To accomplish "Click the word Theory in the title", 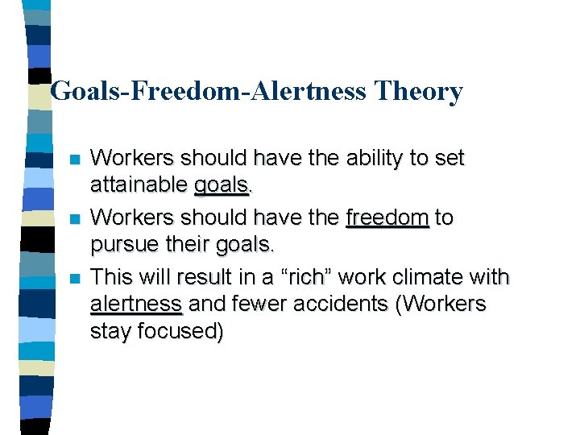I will pyautogui.click(x=418, y=91).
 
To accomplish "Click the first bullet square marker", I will pyautogui.click(x=75, y=159).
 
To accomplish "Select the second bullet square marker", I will pyautogui.click(x=75, y=219).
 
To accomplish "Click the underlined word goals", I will pyautogui.click(x=221, y=187).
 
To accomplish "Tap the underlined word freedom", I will pyautogui.click(x=387, y=217).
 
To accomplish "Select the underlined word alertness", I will pyautogui.click(x=136, y=304).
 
